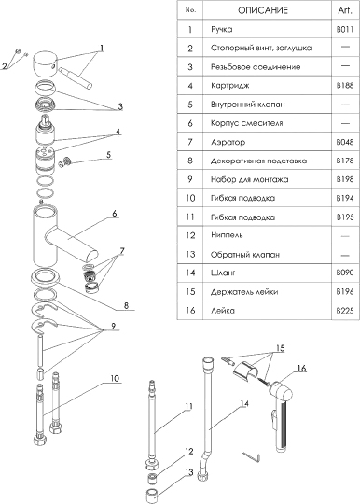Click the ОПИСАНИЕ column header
(263, 10)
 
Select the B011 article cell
(345, 29)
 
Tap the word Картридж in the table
(230, 86)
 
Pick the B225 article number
(345, 311)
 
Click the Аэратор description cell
(228, 142)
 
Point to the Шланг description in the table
(223, 273)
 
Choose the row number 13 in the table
(190, 254)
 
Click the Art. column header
(345, 10)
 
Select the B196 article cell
(345, 291)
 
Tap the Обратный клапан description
(245, 255)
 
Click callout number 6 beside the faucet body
(115, 214)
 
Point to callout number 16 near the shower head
(301, 368)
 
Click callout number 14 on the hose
(244, 403)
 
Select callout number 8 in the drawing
(126, 305)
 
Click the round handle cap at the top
(45, 63)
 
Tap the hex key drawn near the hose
(252, 457)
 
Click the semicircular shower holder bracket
(243, 371)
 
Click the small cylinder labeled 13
(152, 495)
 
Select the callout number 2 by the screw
(5, 66)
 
